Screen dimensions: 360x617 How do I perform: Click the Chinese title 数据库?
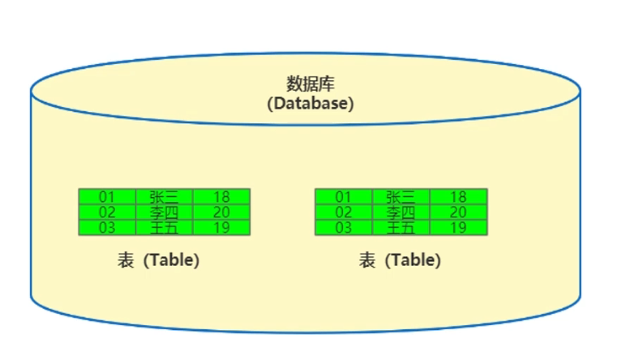tap(310, 84)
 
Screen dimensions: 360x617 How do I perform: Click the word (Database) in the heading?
tap(310, 103)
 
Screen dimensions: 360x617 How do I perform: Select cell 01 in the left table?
tap(107, 196)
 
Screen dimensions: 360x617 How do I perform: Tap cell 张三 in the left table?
tap(164, 196)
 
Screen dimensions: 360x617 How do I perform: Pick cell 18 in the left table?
tap(221, 196)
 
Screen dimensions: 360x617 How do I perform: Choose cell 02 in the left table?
tap(107, 212)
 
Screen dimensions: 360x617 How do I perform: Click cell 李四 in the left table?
tap(164, 212)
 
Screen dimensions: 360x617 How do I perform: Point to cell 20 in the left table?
tap(221, 212)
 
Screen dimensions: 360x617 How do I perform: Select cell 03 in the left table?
tap(107, 227)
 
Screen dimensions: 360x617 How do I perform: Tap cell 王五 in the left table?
tap(164, 227)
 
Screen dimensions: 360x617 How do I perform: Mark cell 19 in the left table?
tap(221, 227)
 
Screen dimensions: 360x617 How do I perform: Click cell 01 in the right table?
tap(344, 196)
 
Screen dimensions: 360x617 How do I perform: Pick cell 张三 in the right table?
tap(401, 196)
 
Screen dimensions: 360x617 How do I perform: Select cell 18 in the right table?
tap(458, 196)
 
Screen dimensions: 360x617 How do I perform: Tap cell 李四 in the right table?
tap(401, 212)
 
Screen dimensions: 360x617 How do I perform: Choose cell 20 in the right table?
tap(458, 212)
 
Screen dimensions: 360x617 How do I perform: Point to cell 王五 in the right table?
tap(401, 227)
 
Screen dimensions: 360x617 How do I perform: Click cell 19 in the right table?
tap(458, 227)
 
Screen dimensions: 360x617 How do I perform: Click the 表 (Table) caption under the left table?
tap(159, 260)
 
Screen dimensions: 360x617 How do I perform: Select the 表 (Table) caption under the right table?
tap(400, 260)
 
